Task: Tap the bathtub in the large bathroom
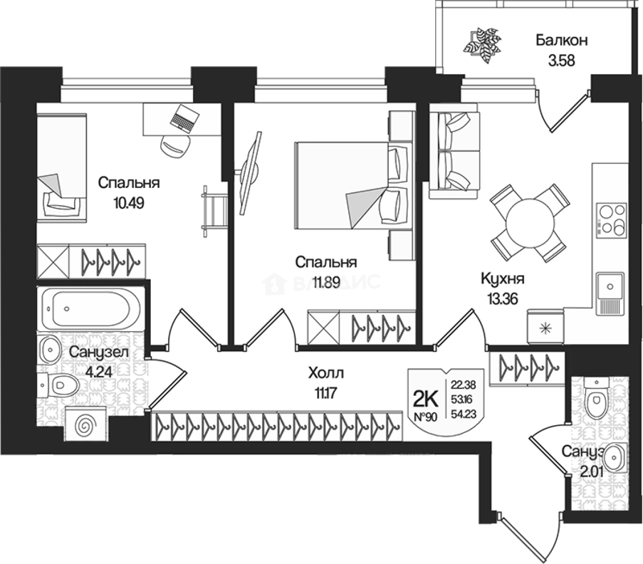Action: (x=89, y=308)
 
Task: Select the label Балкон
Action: (x=562, y=40)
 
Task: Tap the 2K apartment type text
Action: (x=425, y=399)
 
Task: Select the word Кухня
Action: (x=502, y=279)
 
